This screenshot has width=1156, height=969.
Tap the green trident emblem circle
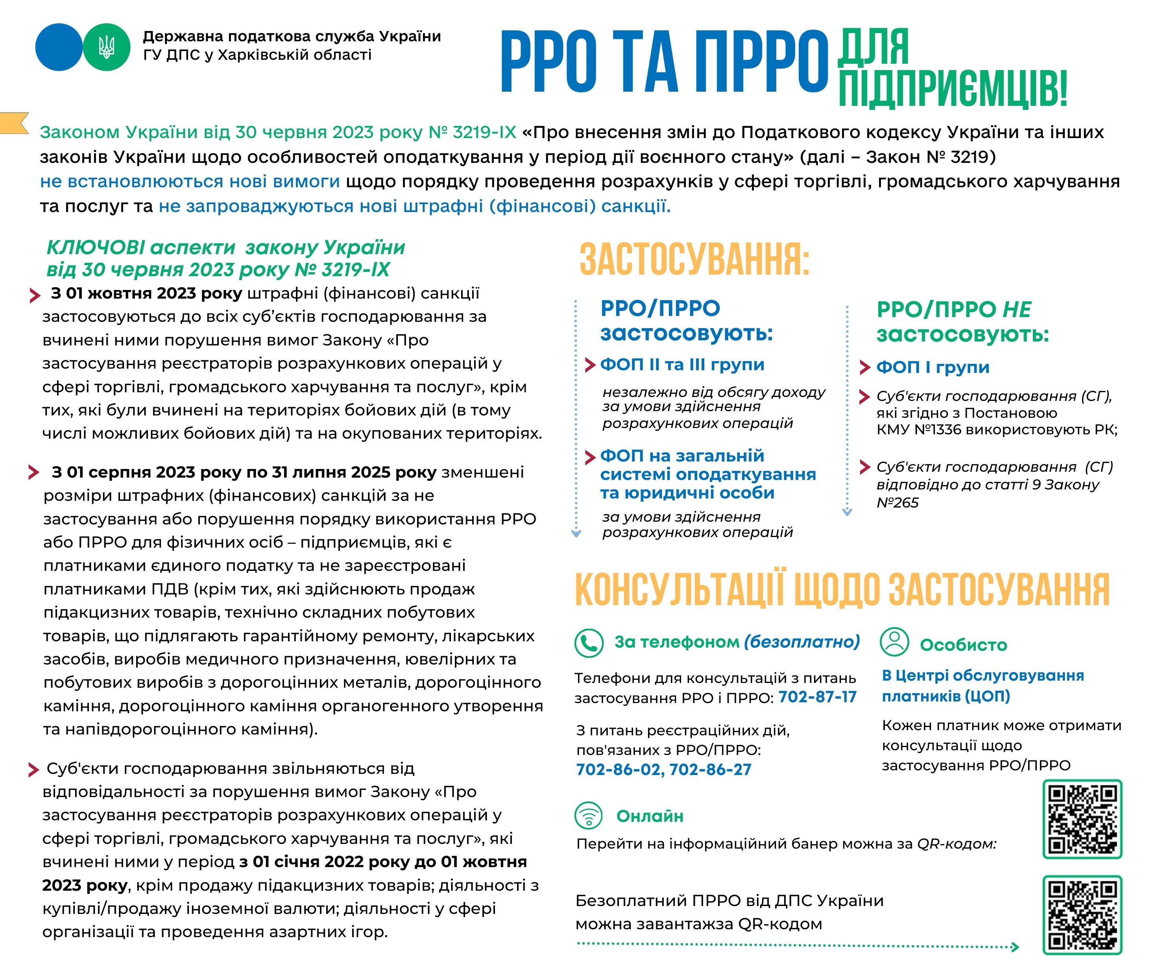107,47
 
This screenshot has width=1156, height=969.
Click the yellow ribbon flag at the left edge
14,123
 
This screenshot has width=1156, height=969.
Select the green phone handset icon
589,642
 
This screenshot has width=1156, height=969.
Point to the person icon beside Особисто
894,641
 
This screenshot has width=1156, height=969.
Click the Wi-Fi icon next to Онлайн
589,816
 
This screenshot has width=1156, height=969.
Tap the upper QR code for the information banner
1082,819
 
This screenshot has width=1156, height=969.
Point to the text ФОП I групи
933,367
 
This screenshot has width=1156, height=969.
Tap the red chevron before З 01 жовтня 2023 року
35,295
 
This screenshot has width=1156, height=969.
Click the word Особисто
963,645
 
